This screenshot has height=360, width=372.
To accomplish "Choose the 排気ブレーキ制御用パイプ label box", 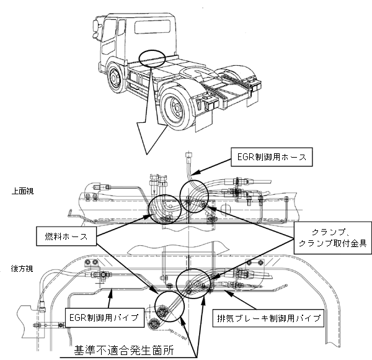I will pos(268,318).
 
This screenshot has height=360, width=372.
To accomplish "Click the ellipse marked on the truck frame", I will pos(152,58).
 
